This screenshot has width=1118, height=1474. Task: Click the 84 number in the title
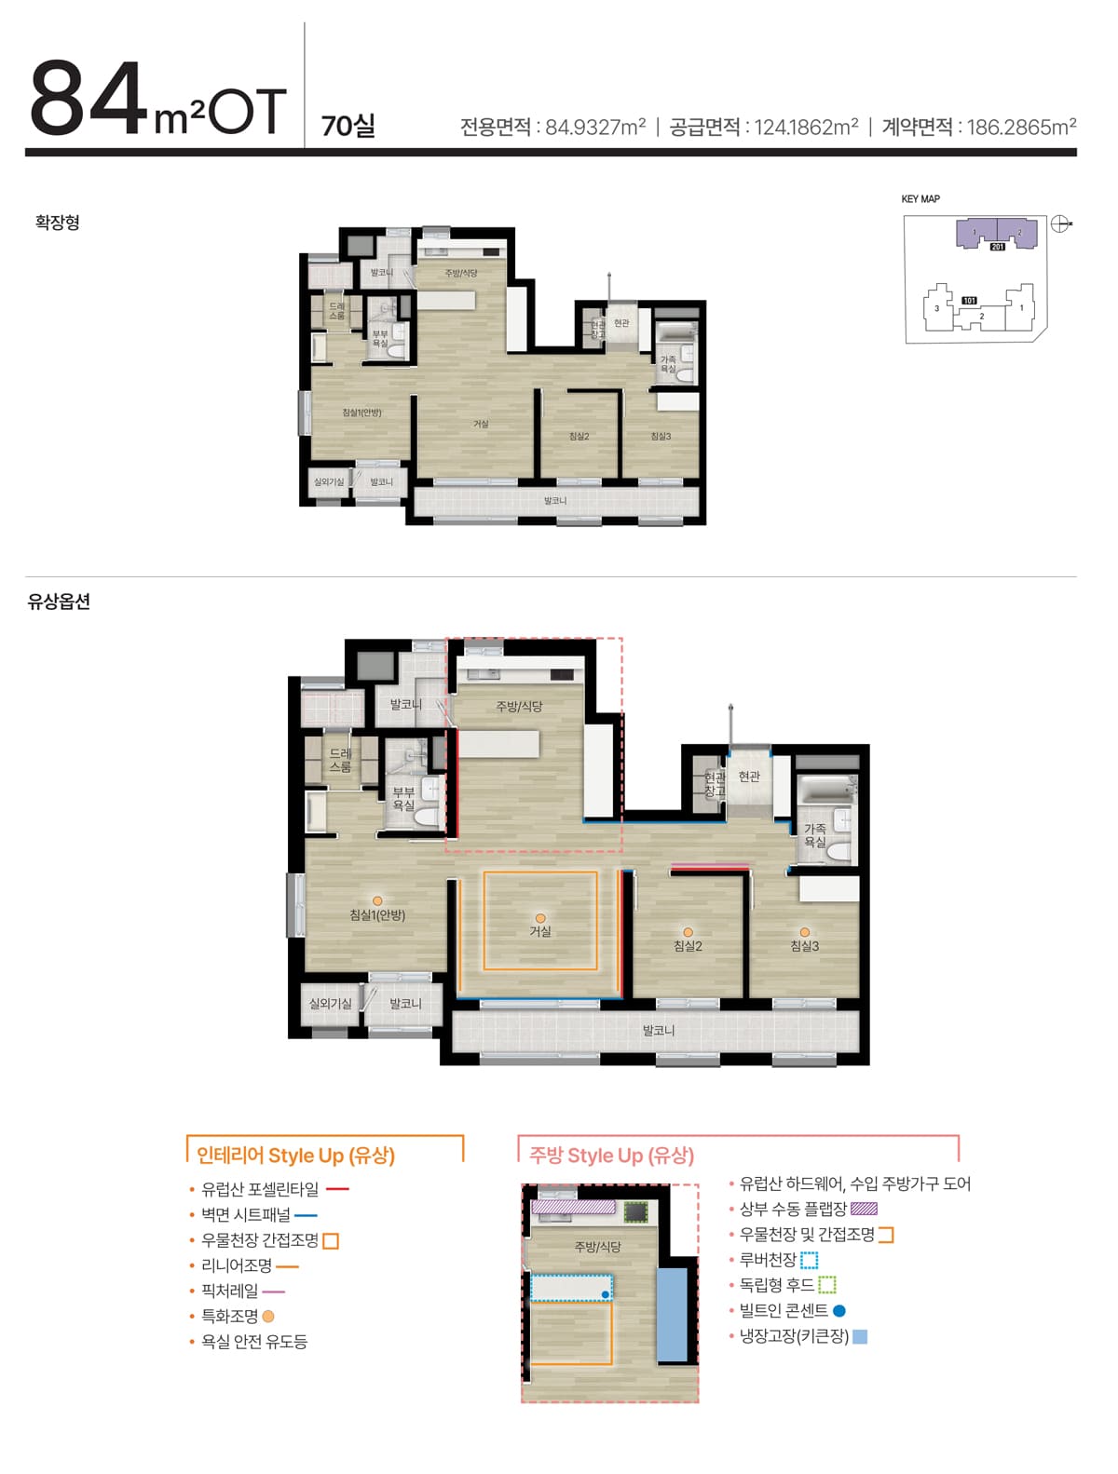(x=89, y=99)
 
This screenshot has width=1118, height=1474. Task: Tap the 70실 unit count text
(x=348, y=126)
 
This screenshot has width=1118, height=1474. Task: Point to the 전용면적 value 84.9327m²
(x=595, y=127)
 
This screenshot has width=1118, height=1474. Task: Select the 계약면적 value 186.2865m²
(x=1021, y=127)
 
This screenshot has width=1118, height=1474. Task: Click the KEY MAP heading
(x=920, y=199)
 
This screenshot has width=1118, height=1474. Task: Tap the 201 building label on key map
(x=997, y=247)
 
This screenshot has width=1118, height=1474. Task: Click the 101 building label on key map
(x=969, y=301)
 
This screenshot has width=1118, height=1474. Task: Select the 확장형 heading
(x=58, y=223)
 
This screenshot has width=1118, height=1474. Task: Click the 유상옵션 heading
(x=59, y=602)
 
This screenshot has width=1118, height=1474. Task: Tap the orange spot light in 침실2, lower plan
(x=688, y=932)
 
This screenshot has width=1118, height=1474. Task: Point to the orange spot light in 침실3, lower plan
(x=804, y=932)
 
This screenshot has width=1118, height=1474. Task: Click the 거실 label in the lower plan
(x=540, y=931)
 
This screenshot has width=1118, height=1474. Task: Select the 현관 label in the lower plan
(x=749, y=777)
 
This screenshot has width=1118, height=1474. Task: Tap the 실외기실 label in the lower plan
(x=331, y=1004)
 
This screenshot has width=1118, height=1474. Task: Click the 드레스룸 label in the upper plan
(x=336, y=311)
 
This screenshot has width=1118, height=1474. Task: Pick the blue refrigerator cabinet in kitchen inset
(x=672, y=1314)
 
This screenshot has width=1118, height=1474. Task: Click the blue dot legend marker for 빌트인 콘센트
(x=839, y=1311)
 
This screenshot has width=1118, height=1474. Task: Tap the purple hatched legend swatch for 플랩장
(x=864, y=1210)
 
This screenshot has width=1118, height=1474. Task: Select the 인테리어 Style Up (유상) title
(x=295, y=1156)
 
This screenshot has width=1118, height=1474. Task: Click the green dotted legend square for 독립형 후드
(x=827, y=1286)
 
